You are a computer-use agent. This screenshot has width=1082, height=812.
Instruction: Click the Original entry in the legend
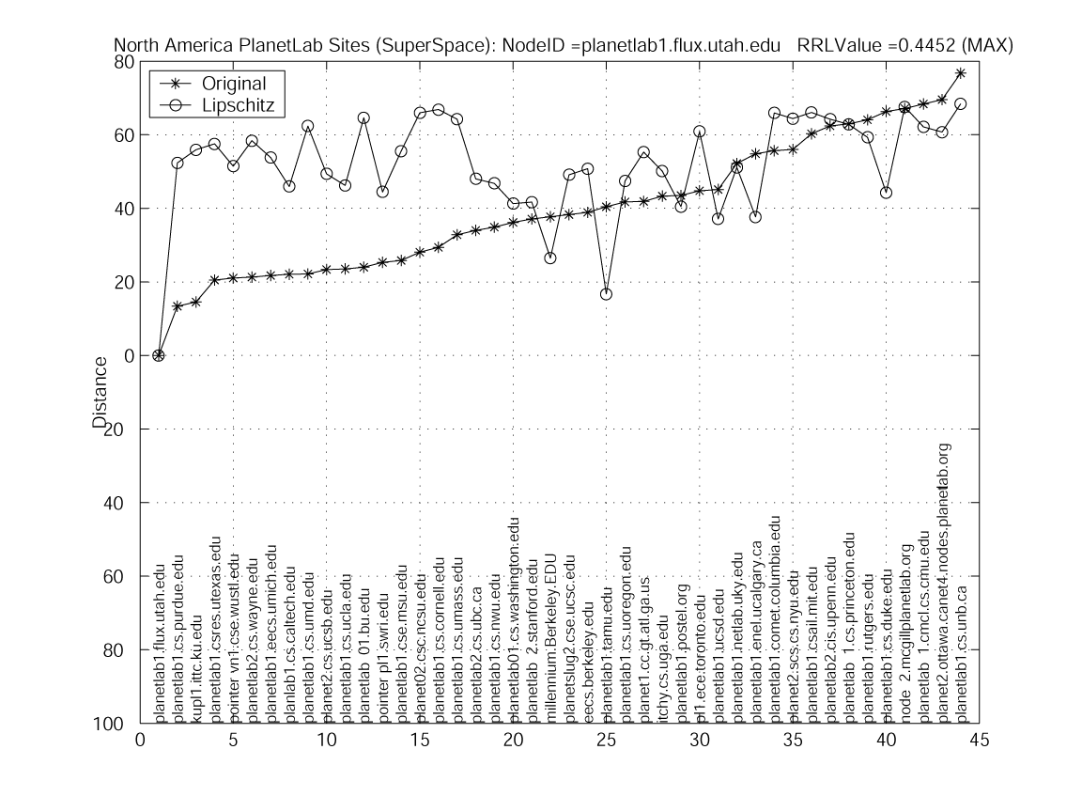(234, 83)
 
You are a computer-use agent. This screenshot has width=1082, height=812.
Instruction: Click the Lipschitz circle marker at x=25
(606, 294)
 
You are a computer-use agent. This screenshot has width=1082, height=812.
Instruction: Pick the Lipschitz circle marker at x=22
(550, 258)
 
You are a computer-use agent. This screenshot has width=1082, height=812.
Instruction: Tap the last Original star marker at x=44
(960, 72)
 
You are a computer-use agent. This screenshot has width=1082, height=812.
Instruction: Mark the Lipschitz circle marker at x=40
(886, 193)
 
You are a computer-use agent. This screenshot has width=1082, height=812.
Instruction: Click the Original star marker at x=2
(178, 306)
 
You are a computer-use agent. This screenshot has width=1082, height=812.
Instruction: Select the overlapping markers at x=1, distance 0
(159, 355)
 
